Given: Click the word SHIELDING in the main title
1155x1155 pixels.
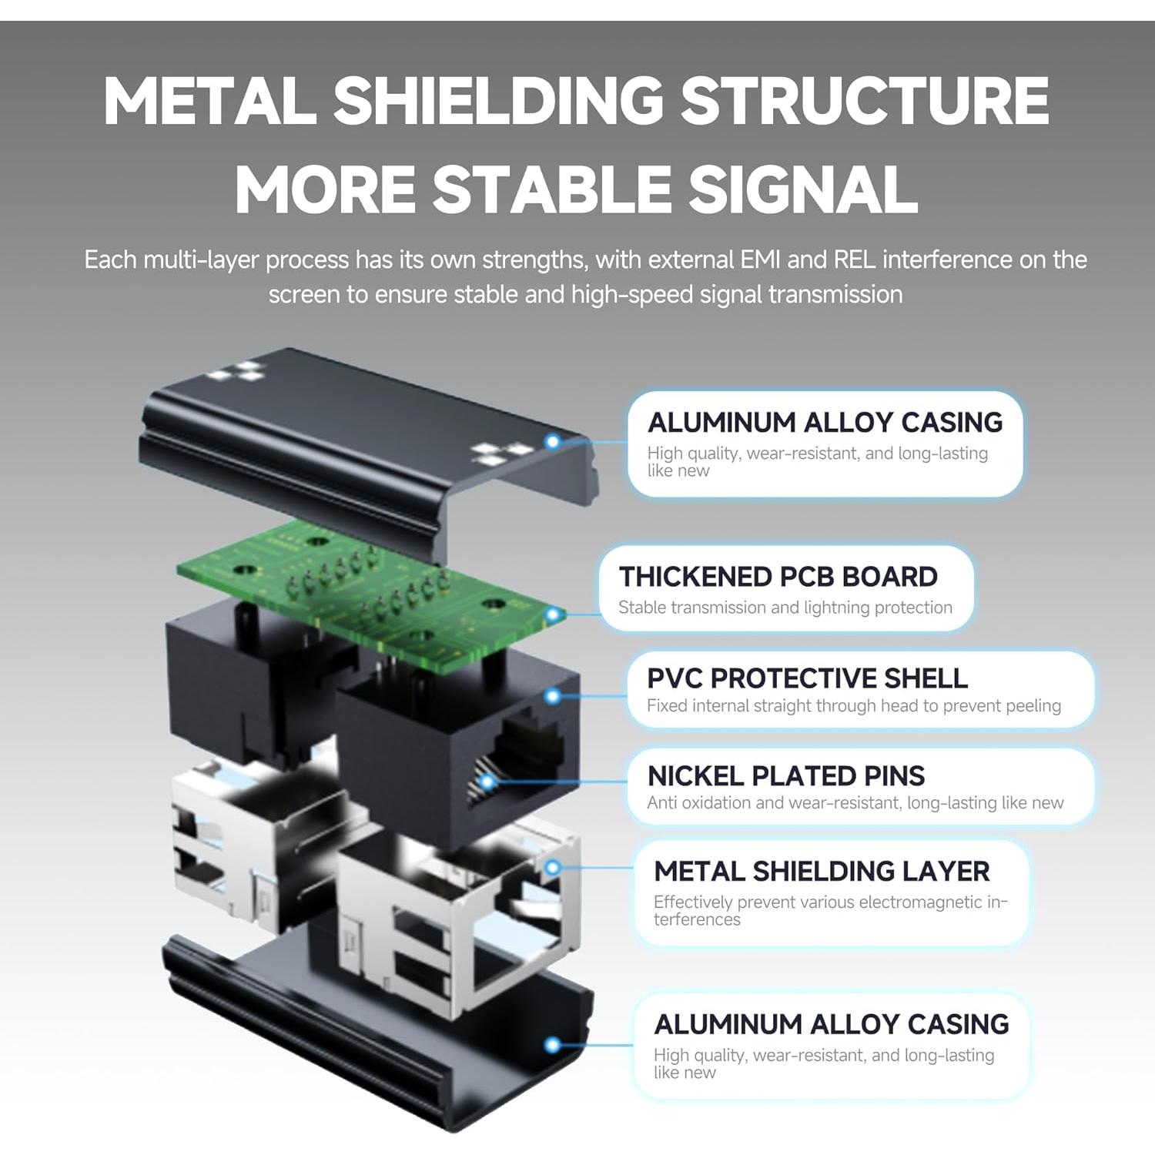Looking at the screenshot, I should [x=498, y=101].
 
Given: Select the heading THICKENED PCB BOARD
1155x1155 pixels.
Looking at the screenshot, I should [x=778, y=577].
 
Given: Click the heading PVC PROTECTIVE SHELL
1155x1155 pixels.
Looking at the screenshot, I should [x=807, y=678].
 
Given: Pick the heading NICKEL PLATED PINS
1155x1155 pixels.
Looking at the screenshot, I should [x=785, y=775].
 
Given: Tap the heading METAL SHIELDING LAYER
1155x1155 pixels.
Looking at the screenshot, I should [x=822, y=871].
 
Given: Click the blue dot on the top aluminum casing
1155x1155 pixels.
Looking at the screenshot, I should [x=552, y=442].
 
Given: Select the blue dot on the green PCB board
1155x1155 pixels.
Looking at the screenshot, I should [x=552, y=614].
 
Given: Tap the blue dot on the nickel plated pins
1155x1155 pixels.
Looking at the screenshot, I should [x=487, y=782].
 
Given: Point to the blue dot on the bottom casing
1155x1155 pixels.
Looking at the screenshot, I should [x=552, y=1045].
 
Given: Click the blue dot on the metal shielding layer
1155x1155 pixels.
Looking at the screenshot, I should [x=552, y=868].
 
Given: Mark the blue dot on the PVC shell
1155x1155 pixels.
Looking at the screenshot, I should [x=552, y=696].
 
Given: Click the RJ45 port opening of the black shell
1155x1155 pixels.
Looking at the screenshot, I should [x=524, y=762].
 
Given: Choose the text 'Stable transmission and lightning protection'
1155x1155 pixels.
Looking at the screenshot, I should [x=785, y=608].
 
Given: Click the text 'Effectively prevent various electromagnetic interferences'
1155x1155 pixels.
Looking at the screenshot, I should [x=829, y=910].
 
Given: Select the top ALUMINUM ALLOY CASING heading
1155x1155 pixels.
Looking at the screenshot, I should [x=825, y=423].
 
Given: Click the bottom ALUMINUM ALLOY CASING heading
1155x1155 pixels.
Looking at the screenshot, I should [x=831, y=1024].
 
